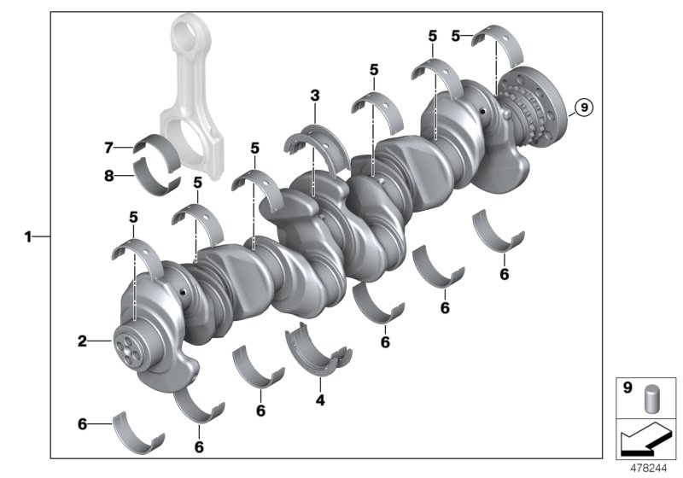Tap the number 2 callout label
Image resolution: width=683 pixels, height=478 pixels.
83,341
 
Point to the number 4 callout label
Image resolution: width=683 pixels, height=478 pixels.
320,399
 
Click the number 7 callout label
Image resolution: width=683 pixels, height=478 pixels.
108,148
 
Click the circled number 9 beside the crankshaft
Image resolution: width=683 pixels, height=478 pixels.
582,108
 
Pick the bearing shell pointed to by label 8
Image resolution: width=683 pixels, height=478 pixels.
157,181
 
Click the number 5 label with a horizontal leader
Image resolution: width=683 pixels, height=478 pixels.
456,36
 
